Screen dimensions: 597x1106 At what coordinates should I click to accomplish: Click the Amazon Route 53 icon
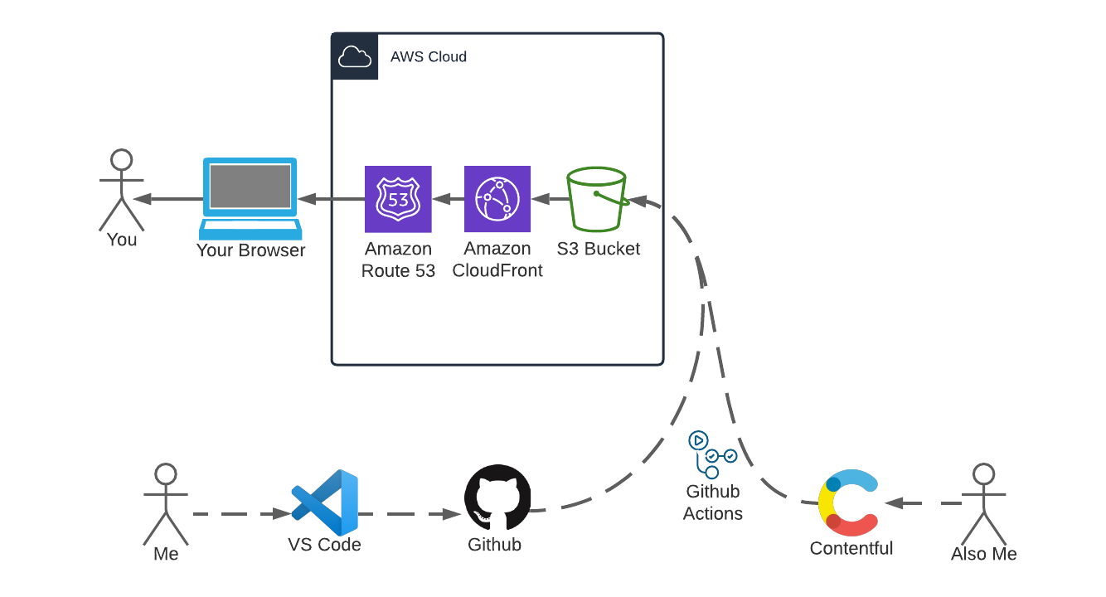(398, 200)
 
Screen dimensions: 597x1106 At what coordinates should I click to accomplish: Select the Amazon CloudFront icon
(497, 200)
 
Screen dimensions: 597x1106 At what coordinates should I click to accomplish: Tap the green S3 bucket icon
(596, 200)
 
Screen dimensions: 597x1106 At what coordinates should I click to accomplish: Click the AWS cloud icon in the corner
(355, 57)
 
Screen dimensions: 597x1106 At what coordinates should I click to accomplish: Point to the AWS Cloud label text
(429, 57)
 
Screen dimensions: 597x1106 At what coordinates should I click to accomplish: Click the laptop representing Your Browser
(250, 198)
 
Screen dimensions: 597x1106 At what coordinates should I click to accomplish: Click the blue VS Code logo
(325, 502)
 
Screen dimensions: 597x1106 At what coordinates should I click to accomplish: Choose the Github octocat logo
(497, 498)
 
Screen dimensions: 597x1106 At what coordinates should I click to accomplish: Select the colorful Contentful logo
(849, 502)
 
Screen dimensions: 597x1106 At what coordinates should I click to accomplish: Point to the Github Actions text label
(712, 502)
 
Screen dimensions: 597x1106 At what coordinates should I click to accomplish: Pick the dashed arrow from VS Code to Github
(410, 514)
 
